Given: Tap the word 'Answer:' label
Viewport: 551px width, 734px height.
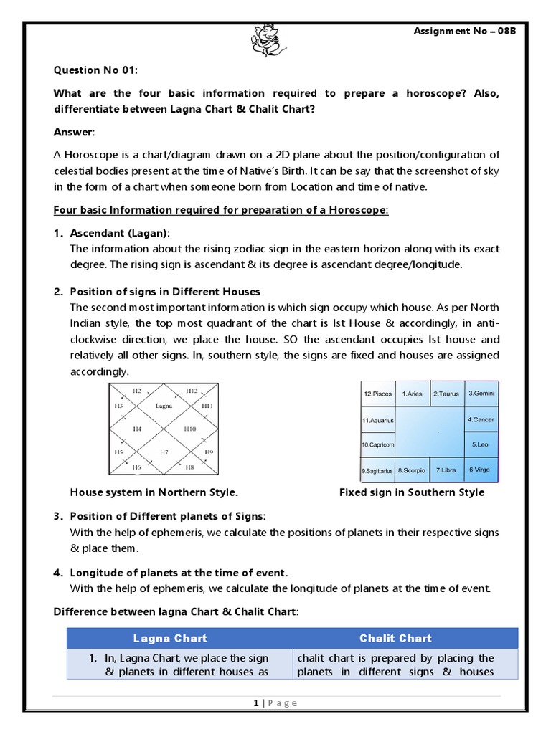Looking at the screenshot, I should [x=74, y=133].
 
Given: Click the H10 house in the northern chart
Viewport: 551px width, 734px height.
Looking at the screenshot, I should [x=189, y=429].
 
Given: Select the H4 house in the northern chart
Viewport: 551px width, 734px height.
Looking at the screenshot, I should [x=136, y=429].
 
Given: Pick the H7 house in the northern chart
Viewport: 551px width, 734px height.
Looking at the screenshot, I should [x=164, y=452].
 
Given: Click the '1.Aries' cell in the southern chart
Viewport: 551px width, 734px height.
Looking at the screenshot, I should [x=412, y=394].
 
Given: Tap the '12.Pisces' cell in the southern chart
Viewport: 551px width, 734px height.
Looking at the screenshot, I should [x=377, y=394].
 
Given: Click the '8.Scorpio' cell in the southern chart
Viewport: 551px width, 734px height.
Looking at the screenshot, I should [x=412, y=470].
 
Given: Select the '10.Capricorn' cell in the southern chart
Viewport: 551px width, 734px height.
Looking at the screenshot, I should [x=377, y=445].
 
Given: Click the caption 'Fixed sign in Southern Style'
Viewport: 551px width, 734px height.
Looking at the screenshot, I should [x=411, y=492].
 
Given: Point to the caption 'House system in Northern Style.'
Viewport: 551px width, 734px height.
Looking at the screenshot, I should [x=154, y=492].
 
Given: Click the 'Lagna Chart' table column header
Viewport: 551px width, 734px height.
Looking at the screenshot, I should [x=170, y=638].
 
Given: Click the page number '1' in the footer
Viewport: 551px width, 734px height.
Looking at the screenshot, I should [x=255, y=703].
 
